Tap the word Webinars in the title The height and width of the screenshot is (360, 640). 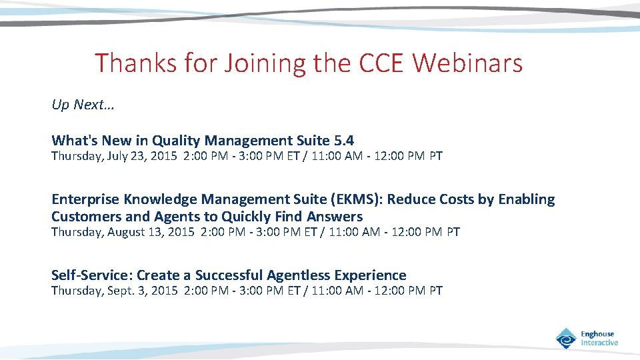(468, 63)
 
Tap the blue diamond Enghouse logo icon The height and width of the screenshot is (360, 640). (566, 338)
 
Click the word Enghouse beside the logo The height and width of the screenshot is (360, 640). (597, 334)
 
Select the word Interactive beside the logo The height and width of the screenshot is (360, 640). (599, 343)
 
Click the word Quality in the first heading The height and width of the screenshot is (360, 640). (176, 141)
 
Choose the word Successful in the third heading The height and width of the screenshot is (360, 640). (229, 275)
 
